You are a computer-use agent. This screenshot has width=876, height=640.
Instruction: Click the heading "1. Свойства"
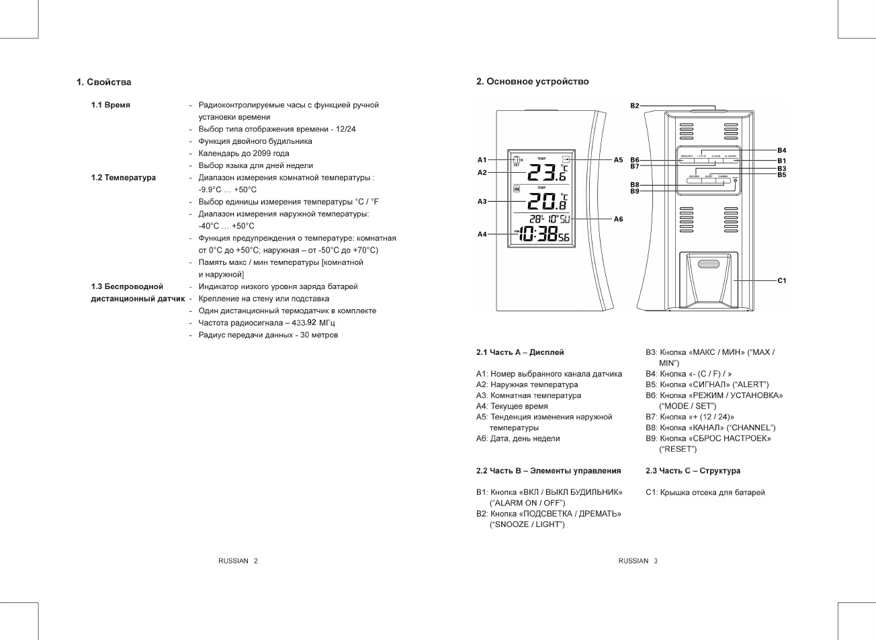[103, 82]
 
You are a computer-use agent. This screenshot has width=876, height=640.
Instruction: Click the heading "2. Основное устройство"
[532, 81]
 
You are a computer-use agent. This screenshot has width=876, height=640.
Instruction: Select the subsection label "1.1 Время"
[111, 105]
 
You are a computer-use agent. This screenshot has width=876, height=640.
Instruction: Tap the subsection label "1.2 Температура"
[124, 177]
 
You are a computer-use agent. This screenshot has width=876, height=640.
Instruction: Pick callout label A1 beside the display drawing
[482, 160]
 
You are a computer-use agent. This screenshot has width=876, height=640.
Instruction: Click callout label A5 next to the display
[618, 160]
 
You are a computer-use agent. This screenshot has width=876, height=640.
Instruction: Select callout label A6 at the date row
[618, 219]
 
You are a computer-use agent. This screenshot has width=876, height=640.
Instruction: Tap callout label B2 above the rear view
[635, 106]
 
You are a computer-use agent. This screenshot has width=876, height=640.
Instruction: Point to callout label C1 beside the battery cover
[782, 280]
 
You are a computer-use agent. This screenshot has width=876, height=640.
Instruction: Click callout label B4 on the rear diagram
[782, 149]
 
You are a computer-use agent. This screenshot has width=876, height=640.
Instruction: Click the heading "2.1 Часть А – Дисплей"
[520, 352]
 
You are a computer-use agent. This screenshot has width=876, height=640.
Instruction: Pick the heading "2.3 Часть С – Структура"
[693, 471]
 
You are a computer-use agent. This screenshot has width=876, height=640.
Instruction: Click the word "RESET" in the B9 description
[677, 449]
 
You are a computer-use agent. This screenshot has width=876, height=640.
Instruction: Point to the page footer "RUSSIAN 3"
[638, 561]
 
